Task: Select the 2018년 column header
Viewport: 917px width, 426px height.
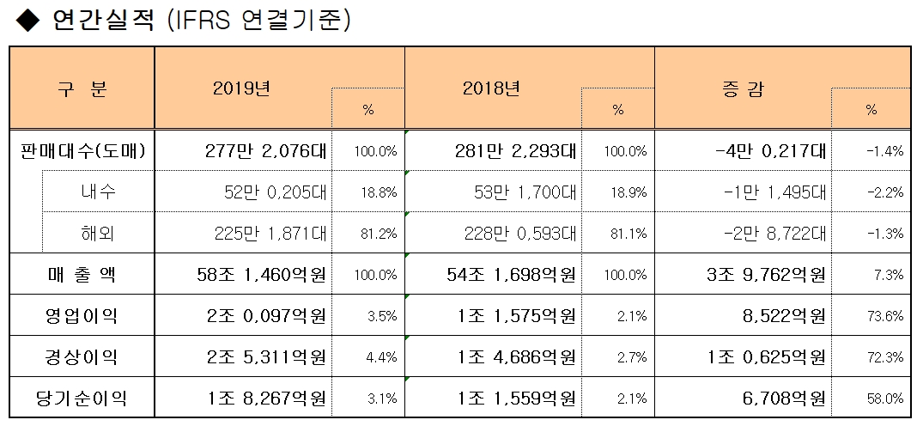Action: point(490,88)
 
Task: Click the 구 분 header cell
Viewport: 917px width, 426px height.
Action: point(82,88)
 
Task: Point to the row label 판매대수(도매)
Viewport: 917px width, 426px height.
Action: point(82,151)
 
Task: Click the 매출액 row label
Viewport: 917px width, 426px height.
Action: point(82,275)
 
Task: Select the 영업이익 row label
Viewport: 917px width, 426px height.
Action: point(82,316)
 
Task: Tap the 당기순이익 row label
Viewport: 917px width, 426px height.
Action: point(82,399)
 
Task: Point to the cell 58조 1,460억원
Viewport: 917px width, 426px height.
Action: point(261,275)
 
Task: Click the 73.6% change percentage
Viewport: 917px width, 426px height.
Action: point(885,317)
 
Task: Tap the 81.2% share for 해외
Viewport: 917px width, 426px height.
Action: point(380,234)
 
